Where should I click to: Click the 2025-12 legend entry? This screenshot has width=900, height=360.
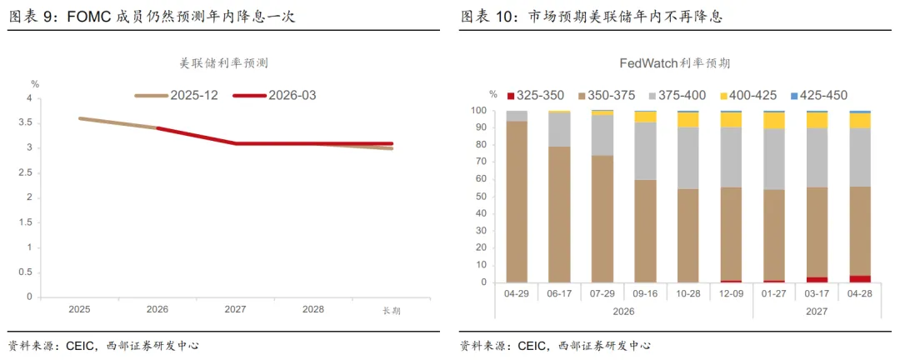click(x=177, y=96)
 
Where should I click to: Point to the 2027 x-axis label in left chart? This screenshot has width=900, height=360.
click(x=235, y=309)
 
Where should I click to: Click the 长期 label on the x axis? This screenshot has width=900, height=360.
click(x=391, y=310)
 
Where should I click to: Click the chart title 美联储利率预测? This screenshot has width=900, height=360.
click(x=223, y=62)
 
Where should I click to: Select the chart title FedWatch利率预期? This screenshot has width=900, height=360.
click(x=674, y=62)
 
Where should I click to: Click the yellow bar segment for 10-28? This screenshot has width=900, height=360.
click(x=688, y=120)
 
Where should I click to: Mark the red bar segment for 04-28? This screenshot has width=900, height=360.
click(x=860, y=278)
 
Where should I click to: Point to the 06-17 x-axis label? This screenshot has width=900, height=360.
click(x=559, y=294)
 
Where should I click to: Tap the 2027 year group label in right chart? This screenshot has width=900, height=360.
click(x=817, y=311)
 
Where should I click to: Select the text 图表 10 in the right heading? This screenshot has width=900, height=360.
click(x=487, y=16)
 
